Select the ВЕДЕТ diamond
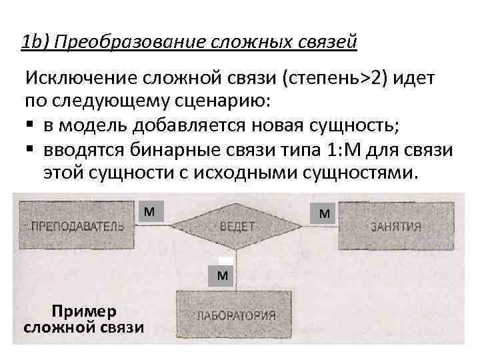(237, 226)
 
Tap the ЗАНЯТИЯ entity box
(396, 225)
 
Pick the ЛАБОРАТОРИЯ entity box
(235, 314)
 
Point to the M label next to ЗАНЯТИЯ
(324, 214)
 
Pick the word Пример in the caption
(84, 311)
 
